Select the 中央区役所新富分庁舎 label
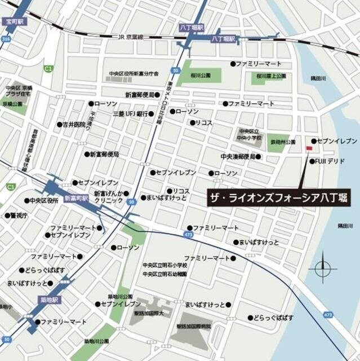click(x=134, y=74)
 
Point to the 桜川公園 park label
click(x=200, y=75)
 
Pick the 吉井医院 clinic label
click(x=76, y=124)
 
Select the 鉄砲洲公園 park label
click(x=283, y=142)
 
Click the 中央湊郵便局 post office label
click(x=238, y=156)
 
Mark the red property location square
click(x=308, y=148)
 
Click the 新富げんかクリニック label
click(x=113, y=196)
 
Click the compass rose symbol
click(x=322, y=268)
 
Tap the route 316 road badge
click(x=6, y=38)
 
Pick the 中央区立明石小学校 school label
click(x=165, y=266)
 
